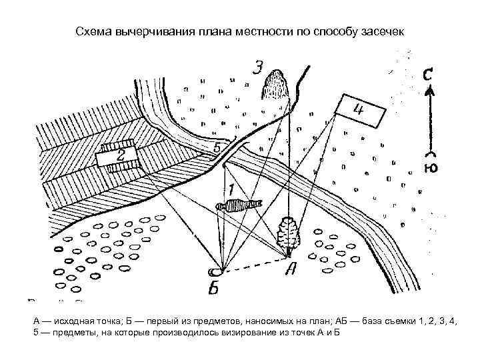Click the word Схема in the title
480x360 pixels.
click(93, 31)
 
